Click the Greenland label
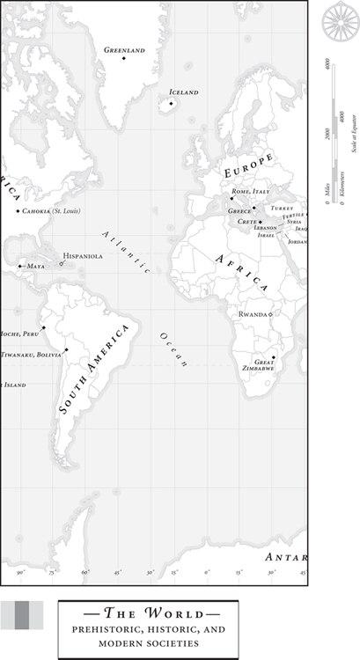[x=124, y=50]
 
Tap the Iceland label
[x=184, y=92]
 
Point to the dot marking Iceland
[x=171, y=104]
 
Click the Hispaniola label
[x=83, y=256]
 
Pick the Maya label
[x=35, y=266]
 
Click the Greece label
[x=239, y=211]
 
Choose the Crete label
[x=247, y=222]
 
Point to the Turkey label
[x=282, y=209]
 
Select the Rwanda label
[x=253, y=314]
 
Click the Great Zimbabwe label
[x=264, y=365]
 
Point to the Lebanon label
[x=265, y=228]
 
